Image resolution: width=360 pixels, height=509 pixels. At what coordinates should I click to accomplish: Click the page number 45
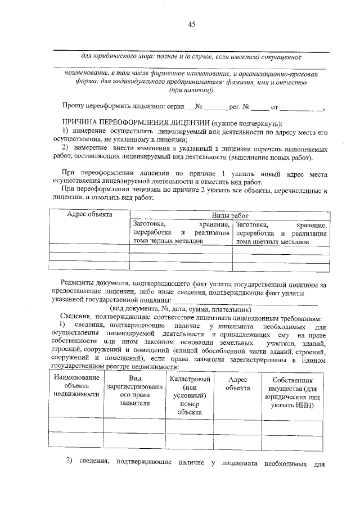(x=191, y=24)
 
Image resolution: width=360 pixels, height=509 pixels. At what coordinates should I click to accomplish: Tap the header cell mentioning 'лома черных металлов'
(x=181, y=232)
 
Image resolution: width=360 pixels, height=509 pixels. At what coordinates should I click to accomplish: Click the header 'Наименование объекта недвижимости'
(x=76, y=385)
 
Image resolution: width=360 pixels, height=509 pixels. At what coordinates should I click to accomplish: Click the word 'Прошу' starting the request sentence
(x=73, y=106)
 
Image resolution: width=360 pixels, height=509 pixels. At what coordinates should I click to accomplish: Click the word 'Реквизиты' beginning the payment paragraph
(x=80, y=285)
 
